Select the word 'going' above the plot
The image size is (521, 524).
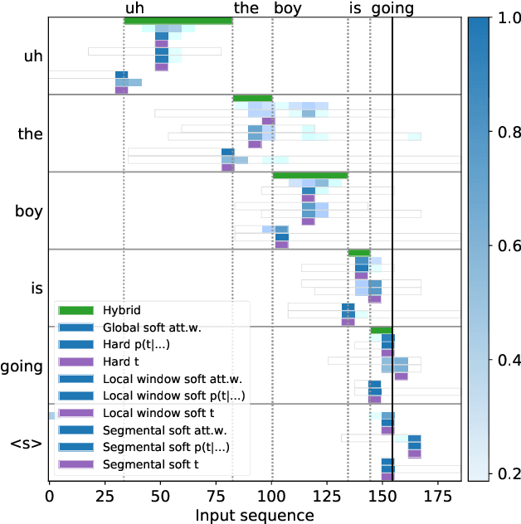(392, 9)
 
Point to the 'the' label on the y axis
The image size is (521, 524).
(30, 133)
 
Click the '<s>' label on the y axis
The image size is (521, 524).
(26, 443)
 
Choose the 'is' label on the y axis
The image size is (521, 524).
(36, 289)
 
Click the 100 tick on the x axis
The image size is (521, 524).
(271, 497)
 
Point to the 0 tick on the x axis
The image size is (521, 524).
(49, 497)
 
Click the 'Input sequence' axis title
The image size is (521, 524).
(255, 515)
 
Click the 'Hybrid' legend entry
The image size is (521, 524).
(122, 310)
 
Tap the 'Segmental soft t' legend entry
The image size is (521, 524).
(149, 465)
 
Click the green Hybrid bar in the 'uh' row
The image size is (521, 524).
(178, 21)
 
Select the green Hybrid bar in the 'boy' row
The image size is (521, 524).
(309, 175)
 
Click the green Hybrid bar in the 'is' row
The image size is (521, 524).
(359, 253)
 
